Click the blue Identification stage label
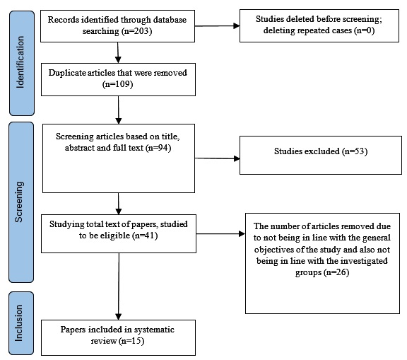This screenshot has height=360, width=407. pyautogui.click(x=22, y=63)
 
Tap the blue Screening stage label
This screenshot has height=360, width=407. pyautogui.click(x=21, y=202)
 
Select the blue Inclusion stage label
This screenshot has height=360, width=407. pyautogui.click(x=21, y=323)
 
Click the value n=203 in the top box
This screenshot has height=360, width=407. pyautogui.click(x=136, y=31)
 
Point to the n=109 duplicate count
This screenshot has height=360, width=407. pyautogui.click(x=118, y=84)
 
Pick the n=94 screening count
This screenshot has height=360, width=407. pyautogui.click(x=158, y=148)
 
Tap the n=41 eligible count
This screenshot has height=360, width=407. pyautogui.click(x=146, y=236)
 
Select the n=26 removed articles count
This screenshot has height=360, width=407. pyautogui.click(x=336, y=272)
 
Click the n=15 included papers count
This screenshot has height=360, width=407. pyautogui.click(x=131, y=341)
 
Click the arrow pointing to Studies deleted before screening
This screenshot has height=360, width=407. pyautogui.click(x=217, y=26)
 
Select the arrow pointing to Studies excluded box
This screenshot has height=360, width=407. pyautogui.click(x=217, y=158)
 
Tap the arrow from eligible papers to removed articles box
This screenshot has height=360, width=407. pyautogui.click(x=220, y=234)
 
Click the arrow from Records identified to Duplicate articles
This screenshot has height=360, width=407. pyautogui.click(x=118, y=52)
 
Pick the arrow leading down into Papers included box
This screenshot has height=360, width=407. pyautogui.click(x=119, y=286)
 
